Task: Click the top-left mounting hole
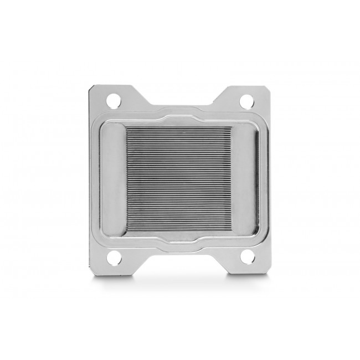[114, 101]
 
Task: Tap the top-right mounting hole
[245, 101]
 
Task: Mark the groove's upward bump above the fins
[180, 111]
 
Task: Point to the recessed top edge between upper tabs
[180, 106]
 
